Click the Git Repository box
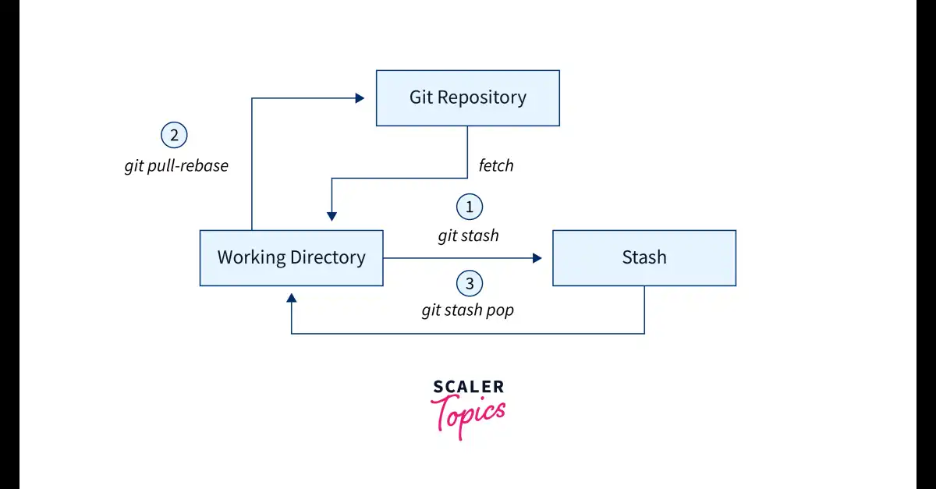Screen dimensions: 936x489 click(467, 97)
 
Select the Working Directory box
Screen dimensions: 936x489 click(291, 258)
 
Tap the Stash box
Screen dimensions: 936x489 click(644, 258)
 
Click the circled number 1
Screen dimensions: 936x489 click(470, 207)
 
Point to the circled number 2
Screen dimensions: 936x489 click(174, 135)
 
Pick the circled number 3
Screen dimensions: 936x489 click(470, 283)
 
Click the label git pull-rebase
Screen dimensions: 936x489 click(176, 166)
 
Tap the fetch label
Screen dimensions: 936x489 click(496, 165)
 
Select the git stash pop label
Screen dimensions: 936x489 click(467, 310)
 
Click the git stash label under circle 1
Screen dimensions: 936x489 click(469, 236)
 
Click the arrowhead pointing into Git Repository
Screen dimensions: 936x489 click(360, 98)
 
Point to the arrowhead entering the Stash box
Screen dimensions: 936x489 click(537, 258)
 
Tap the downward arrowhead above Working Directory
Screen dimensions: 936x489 click(331, 216)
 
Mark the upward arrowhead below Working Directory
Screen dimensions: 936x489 click(291, 298)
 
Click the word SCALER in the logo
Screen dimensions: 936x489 click(469, 387)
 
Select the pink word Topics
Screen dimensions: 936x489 click(468, 416)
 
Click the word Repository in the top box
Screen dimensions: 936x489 click(482, 97)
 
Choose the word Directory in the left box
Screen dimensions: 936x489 click(328, 257)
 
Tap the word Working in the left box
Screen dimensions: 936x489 click(251, 257)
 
